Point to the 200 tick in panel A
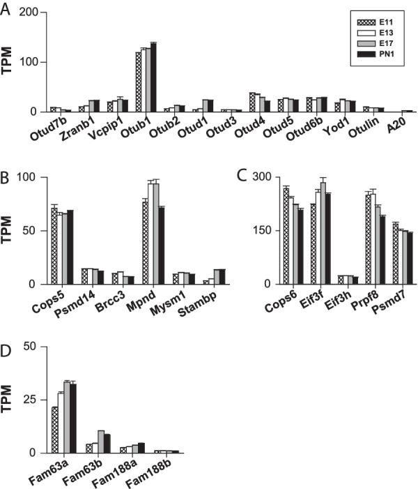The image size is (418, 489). tap(31, 13)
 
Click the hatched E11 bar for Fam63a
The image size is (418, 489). tap(54, 430)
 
